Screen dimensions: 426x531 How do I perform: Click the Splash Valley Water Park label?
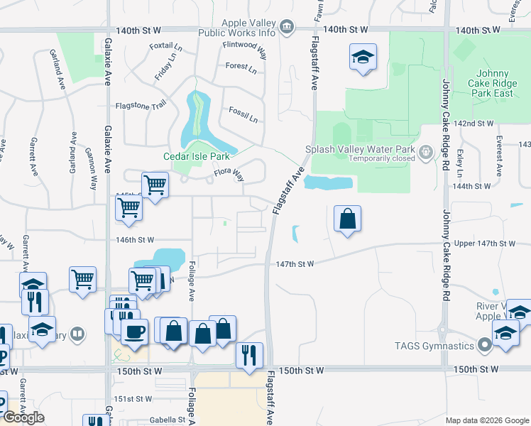359,149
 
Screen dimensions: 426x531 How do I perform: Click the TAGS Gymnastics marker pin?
485,346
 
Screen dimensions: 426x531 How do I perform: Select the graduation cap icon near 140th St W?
363,57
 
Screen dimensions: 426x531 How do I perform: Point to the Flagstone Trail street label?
141,106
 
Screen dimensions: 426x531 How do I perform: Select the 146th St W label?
135,241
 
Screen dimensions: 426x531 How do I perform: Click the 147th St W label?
295,263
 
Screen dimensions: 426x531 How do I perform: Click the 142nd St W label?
473,123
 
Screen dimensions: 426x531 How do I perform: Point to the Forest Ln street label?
241,68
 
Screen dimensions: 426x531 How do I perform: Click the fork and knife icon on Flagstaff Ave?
249,354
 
